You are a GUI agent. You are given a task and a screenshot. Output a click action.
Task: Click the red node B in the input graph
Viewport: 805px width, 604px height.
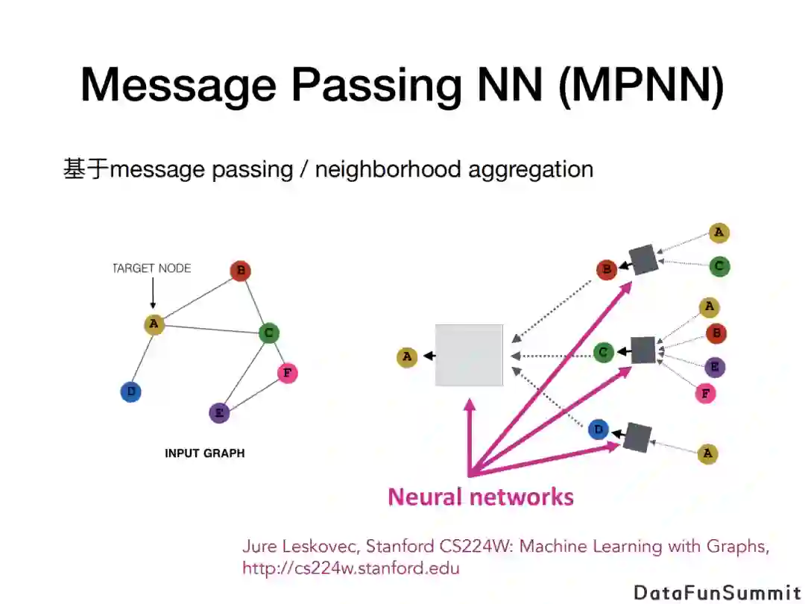coord(239,271)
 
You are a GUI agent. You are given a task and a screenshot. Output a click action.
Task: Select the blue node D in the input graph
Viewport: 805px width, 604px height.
coord(131,391)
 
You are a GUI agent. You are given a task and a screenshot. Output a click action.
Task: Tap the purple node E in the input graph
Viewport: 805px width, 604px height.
coord(219,412)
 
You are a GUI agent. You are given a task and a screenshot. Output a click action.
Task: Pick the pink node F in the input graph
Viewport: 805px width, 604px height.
coord(288,372)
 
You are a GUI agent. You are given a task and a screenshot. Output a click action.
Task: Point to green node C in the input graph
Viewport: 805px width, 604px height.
coord(269,333)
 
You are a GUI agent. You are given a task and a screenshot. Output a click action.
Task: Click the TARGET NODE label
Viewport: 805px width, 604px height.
coord(152,268)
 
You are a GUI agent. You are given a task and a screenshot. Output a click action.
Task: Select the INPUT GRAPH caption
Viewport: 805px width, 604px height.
coord(204,453)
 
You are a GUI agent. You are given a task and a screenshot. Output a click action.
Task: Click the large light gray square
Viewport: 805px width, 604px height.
coord(469,355)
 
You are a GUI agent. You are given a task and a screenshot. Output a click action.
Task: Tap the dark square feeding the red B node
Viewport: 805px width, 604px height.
coord(643,259)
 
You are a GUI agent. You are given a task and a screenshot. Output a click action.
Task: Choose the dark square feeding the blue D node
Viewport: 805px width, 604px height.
coord(637,438)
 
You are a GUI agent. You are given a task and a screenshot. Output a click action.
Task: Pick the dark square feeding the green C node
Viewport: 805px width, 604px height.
coord(643,350)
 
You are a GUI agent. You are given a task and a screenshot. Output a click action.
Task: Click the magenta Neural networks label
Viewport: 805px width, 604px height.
coord(481,497)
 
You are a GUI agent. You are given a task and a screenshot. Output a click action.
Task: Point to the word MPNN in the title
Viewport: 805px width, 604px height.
coord(640,84)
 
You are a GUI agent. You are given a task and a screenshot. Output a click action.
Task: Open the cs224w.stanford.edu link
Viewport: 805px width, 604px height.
coord(351,568)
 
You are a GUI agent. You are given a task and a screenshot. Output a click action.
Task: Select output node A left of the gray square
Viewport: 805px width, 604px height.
coord(407,357)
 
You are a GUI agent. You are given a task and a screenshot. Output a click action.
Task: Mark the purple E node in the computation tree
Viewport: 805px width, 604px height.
coord(715,367)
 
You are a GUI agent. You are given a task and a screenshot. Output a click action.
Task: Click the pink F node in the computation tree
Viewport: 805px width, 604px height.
coord(705,393)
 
